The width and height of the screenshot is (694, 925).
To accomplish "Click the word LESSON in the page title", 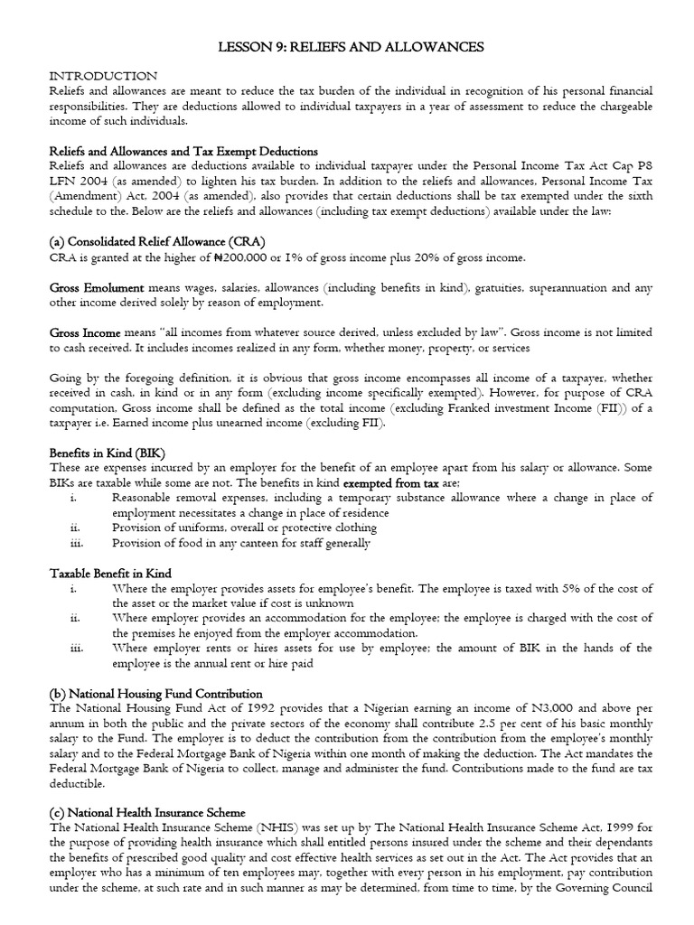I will coord(245,46).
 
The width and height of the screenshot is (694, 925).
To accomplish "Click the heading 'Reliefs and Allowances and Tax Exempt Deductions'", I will coord(183,151).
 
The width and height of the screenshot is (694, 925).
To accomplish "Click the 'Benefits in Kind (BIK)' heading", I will coord(107,453).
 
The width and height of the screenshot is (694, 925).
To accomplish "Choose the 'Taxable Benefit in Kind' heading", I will coord(109,574).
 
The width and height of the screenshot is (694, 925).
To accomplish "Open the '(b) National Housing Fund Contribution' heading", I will coord(151,693).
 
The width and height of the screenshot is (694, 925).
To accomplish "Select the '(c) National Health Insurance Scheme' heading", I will coord(146,813).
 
